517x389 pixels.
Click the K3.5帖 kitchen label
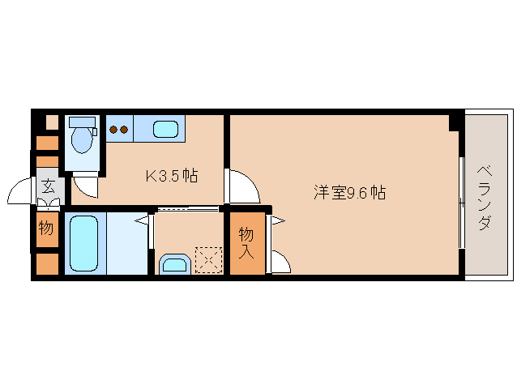[x=172, y=175]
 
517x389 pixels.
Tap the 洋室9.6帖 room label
[x=349, y=194]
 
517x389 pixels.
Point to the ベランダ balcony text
[x=484, y=198]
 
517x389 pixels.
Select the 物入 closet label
[x=246, y=242]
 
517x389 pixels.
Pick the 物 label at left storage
[x=47, y=228]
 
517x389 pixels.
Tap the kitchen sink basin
[x=166, y=128]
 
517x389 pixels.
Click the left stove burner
[x=113, y=128]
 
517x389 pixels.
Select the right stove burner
[x=125, y=128]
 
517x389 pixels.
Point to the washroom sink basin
[x=174, y=263]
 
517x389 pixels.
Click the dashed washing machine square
[x=207, y=260]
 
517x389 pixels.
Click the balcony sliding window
[x=462, y=203]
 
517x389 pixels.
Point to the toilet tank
[x=82, y=122]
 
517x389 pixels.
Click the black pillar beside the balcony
[x=456, y=122]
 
